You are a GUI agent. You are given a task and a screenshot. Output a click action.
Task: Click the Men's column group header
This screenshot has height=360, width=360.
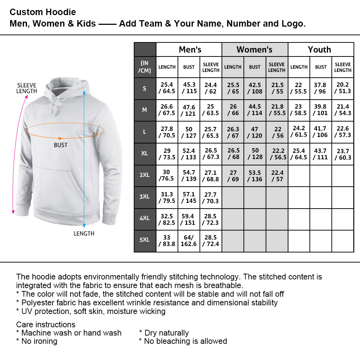(x=190, y=50)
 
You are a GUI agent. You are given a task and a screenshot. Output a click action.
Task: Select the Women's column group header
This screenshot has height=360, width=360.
(x=255, y=50)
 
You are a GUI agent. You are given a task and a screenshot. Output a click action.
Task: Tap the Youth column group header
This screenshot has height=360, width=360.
(x=320, y=50)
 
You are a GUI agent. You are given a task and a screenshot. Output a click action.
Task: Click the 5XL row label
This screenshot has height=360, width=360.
(x=145, y=240)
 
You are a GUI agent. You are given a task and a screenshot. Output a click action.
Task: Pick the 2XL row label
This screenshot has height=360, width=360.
(x=145, y=175)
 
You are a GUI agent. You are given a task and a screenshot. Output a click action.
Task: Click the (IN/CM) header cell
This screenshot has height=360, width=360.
(x=145, y=67)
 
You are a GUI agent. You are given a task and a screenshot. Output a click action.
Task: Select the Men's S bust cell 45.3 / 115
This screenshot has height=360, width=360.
(x=189, y=88)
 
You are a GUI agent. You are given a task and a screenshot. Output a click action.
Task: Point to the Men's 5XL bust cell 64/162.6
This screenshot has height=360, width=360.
(x=189, y=241)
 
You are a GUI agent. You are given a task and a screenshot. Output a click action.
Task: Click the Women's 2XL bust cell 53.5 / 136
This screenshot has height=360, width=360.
(x=255, y=176)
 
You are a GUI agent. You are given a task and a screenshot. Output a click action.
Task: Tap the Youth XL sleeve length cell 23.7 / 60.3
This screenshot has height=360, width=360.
(x=343, y=154)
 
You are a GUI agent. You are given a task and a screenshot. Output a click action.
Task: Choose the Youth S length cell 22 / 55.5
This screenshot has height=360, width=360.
(x=299, y=88)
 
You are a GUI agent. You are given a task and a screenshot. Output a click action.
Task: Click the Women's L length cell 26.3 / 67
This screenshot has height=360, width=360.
(x=233, y=132)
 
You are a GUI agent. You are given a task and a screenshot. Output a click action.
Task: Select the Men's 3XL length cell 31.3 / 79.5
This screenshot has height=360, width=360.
(x=167, y=197)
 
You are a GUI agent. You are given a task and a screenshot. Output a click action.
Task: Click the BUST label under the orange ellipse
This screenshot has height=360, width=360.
(x=60, y=145)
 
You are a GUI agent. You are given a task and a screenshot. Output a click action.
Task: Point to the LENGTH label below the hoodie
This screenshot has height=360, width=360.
(x=84, y=234)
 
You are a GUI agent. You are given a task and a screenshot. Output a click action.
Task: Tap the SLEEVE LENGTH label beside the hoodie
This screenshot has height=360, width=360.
(x=27, y=88)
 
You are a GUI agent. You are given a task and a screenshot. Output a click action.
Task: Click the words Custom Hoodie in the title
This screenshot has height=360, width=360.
(x=43, y=12)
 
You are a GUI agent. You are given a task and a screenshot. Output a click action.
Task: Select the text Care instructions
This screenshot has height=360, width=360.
(x=46, y=324)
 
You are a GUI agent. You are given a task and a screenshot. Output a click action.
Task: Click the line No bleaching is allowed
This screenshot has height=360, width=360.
(x=183, y=341)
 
